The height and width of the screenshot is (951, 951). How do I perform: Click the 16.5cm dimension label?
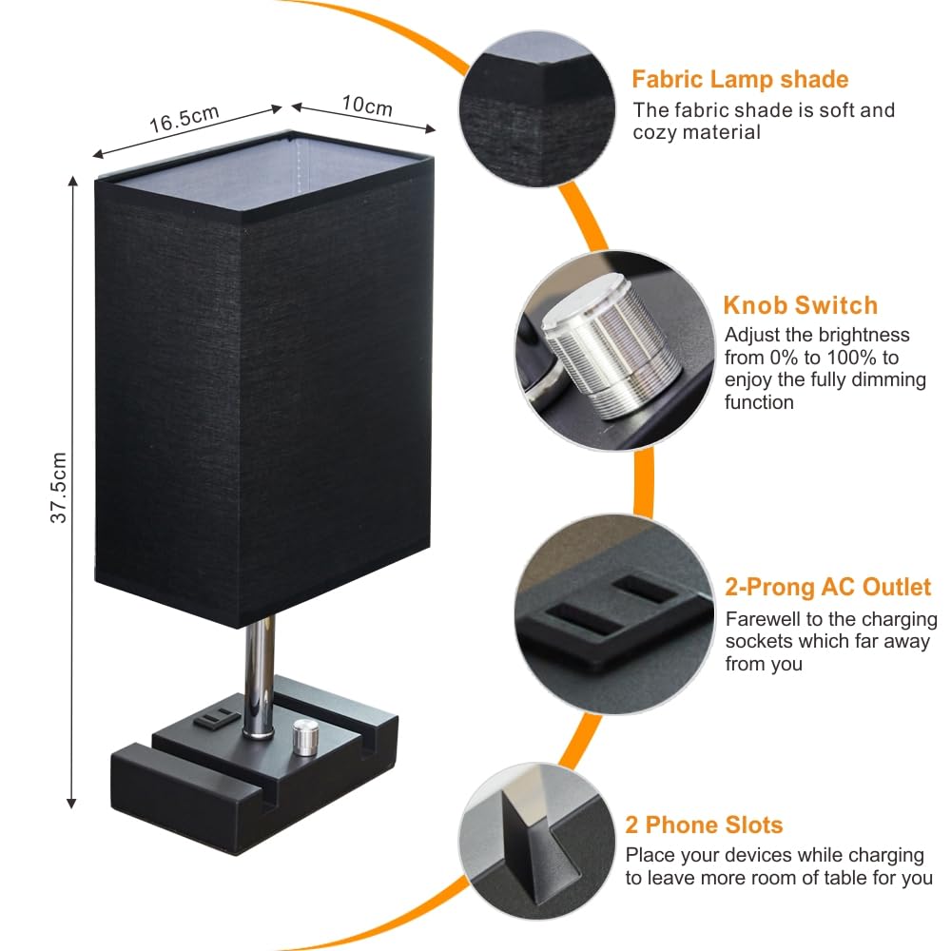[x=184, y=119]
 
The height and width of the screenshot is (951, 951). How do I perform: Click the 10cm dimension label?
[x=366, y=106]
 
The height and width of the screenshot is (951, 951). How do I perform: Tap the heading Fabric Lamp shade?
[x=740, y=79]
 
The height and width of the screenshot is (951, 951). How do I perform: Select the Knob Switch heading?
[x=800, y=305]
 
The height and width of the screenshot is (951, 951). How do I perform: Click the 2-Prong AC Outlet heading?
[x=827, y=587]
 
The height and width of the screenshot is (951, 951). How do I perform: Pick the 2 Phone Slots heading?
[x=704, y=825]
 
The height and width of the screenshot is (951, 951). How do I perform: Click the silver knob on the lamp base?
[x=304, y=738]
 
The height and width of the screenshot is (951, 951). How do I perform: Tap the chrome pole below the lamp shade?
[x=258, y=675]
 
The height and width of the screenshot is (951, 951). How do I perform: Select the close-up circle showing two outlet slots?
[x=609, y=613]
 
